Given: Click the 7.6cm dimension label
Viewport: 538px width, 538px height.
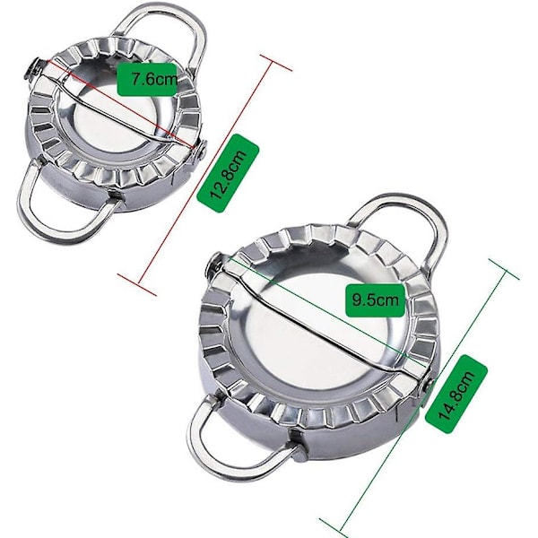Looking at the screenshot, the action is coord(147,79).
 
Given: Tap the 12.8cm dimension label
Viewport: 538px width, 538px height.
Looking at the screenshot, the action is coord(228,173).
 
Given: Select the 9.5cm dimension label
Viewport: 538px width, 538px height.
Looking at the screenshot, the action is coord(376,300).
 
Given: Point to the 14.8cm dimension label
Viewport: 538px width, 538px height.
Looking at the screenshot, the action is coord(456,395).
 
